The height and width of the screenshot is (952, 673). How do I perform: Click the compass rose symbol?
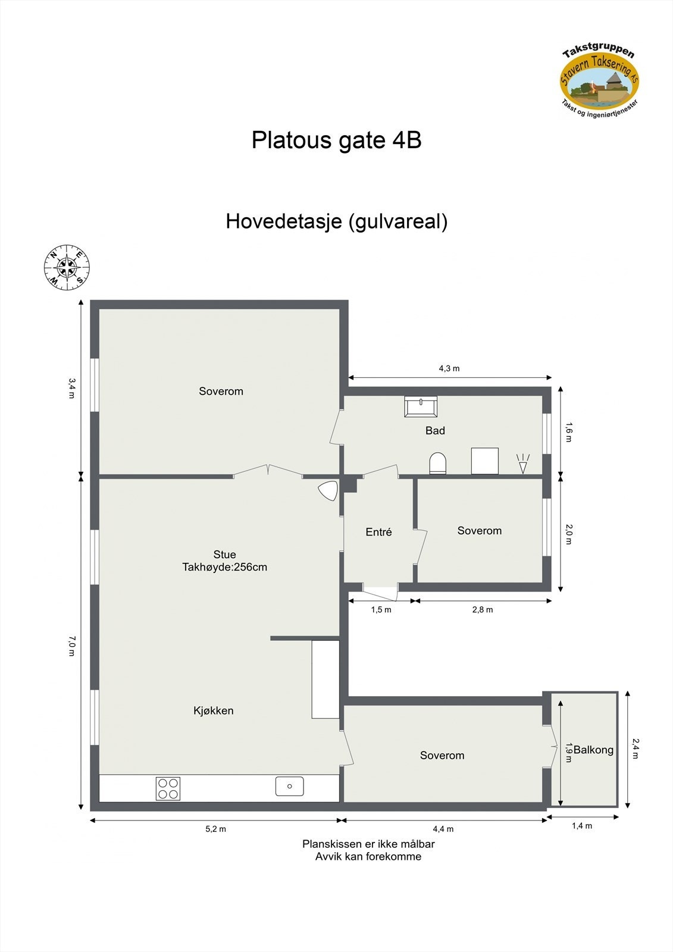pyautogui.click(x=67, y=268)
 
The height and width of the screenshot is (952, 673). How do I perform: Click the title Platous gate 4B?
pyautogui.click(x=336, y=140)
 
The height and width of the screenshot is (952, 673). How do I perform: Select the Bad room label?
pyautogui.click(x=435, y=431)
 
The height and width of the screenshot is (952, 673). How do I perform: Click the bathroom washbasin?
pyautogui.click(x=421, y=406)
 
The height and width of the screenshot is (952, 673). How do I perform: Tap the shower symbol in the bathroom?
pyautogui.click(x=522, y=464)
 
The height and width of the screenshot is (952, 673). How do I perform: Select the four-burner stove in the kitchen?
pyautogui.click(x=168, y=788)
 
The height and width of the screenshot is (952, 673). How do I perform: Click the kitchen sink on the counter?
pyautogui.click(x=290, y=786)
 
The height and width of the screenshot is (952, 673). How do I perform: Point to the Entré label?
pyautogui.click(x=378, y=533)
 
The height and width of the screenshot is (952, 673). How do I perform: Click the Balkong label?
pyautogui.click(x=593, y=750)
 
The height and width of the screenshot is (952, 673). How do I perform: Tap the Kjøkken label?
pyautogui.click(x=214, y=710)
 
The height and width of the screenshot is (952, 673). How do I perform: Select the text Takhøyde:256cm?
pyautogui.click(x=224, y=568)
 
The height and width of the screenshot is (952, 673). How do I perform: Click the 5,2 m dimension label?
pyautogui.click(x=215, y=829)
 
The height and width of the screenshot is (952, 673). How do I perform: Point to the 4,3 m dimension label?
pyautogui.click(x=449, y=369)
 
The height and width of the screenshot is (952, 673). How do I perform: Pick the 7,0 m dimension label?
pyautogui.click(x=71, y=646)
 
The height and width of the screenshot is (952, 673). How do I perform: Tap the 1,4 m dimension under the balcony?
pyautogui.click(x=582, y=826)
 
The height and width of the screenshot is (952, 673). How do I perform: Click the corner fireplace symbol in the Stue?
pyautogui.click(x=327, y=490)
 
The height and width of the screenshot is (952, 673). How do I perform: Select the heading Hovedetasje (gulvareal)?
pyautogui.click(x=336, y=221)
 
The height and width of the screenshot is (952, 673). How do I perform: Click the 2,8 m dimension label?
pyautogui.click(x=483, y=610)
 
